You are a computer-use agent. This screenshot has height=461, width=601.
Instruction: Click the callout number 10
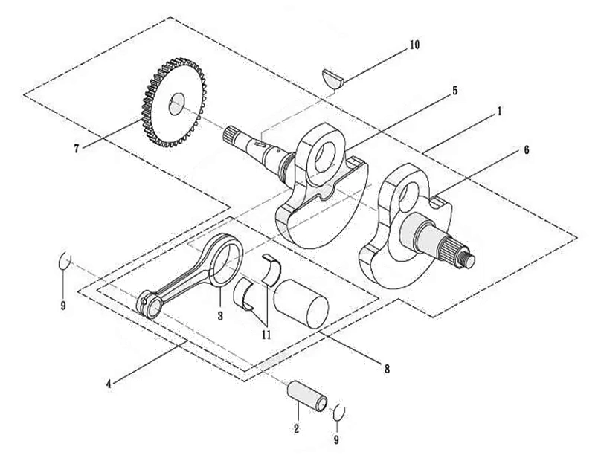pos(414,45)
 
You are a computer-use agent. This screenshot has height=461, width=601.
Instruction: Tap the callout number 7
pos(77,149)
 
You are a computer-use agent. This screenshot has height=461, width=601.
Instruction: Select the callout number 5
pos(454,91)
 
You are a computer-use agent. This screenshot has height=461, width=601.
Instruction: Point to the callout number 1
pos(499,112)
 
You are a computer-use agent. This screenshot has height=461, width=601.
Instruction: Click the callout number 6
pos(527,150)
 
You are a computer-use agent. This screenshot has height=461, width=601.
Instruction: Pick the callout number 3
pos(220,316)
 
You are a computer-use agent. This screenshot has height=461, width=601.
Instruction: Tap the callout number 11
pos(266,335)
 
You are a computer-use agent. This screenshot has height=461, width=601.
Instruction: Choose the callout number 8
pos(387,369)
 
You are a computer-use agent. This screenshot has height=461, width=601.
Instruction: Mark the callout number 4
pos(109,384)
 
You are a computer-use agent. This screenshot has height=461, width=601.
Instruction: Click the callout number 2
pos(296,428)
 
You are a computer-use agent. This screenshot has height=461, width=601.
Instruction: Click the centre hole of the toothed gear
pos(177,103)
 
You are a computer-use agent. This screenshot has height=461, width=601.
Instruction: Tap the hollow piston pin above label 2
pos(307,396)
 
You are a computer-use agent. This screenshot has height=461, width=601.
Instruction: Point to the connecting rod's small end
pos(150,304)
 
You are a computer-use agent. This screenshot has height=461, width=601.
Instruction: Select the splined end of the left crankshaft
pos(231,136)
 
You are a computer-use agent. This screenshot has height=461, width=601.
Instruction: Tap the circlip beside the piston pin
pos(339,413)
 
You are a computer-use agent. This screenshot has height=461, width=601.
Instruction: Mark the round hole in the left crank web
pos(325,158)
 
